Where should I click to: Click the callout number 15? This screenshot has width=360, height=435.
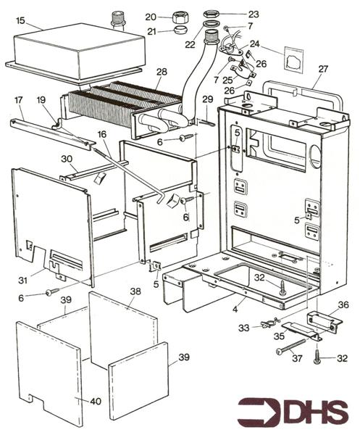pos(20,21)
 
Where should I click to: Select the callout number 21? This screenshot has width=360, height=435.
pos(151,30)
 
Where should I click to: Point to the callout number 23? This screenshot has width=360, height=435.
pos(253,13)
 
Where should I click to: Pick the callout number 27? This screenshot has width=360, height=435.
pos(322,70)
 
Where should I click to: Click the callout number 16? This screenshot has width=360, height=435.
pos(102,135)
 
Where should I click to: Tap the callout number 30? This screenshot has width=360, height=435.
pos(67,158)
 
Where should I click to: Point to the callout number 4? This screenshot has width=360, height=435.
pos(234,310)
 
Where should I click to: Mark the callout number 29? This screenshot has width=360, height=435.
pos(208,99)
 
